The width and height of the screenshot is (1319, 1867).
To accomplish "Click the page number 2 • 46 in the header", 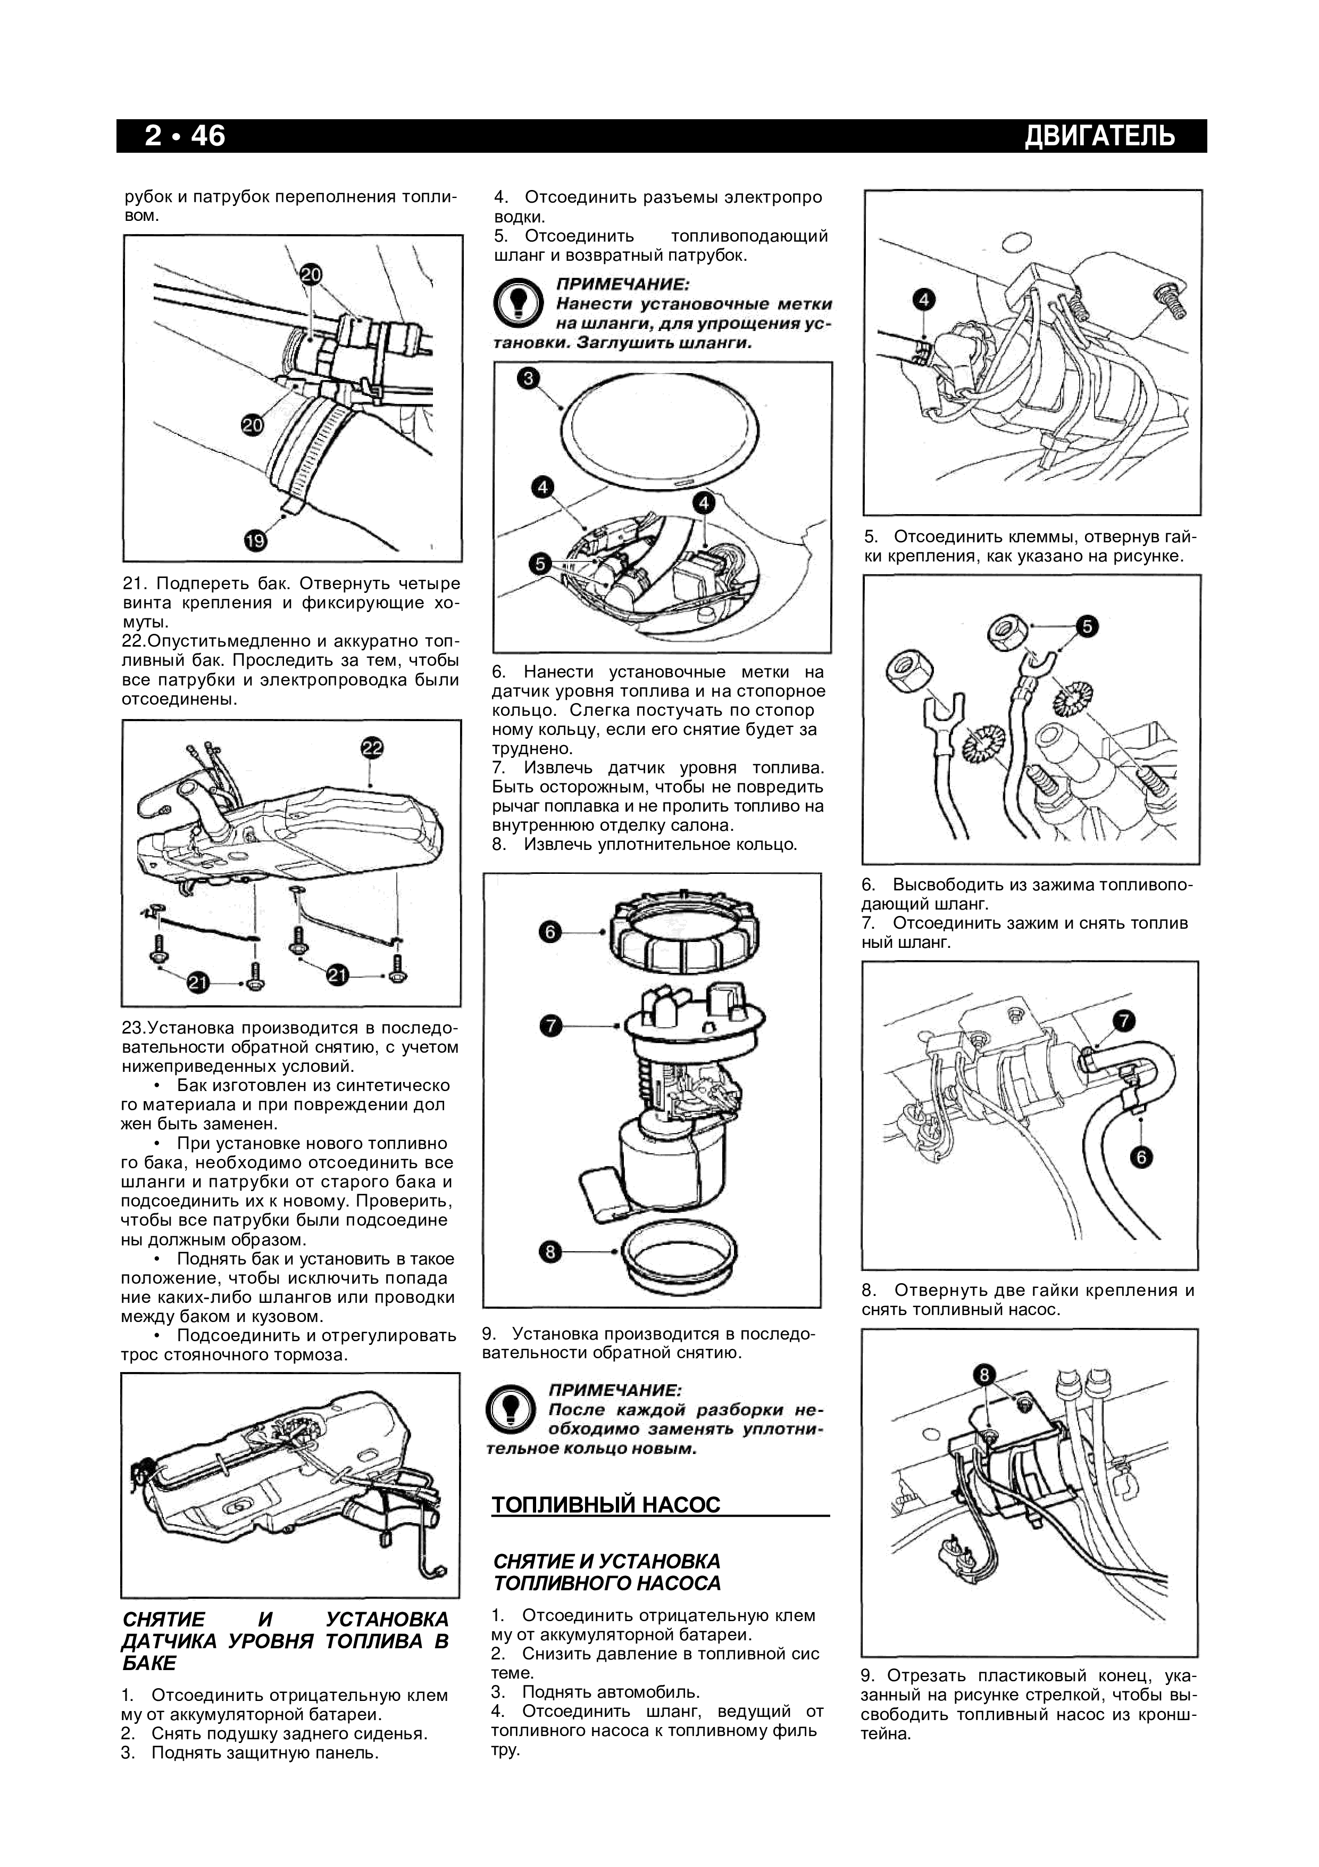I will point(185,136).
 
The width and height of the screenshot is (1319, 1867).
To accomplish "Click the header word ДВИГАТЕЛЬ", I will point(1099,136).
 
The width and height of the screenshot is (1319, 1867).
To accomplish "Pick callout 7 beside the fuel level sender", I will point(550,1026).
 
